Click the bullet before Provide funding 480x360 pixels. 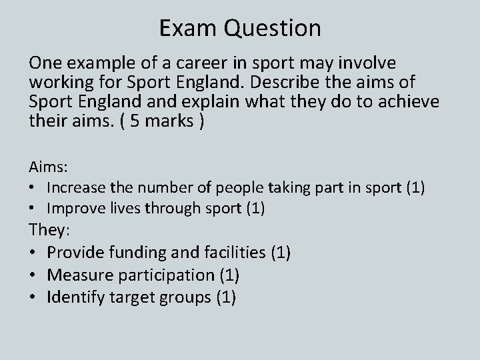pyautogui.click(x=33, y=253)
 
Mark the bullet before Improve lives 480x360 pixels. pyautogui.click(x=33, y=209)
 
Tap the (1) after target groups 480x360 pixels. pyautogui.click(x=226, y=297)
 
